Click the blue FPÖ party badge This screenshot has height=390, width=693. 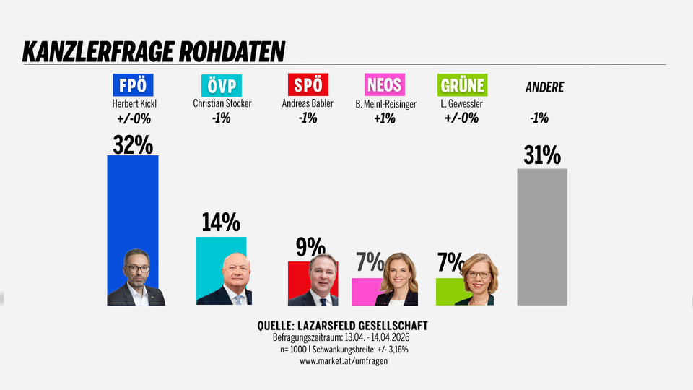pos(133,85)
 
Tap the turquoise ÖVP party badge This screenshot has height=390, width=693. pos(222,85)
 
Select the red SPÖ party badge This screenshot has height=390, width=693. pos(309,85)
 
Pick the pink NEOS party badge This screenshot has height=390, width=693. pos(385,85)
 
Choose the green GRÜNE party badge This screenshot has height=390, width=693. pos(462,85)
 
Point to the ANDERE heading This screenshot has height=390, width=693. pos(544,88)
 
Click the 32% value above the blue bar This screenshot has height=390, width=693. pos(133,145)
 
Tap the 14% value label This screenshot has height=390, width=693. pos(221,223)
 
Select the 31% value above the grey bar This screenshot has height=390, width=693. pos(542,156)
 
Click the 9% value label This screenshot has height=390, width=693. pos(310,248)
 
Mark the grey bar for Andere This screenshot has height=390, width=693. pos(542,238)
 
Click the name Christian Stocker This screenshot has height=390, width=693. pos(222,104)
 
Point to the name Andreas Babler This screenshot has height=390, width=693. pos(308,104)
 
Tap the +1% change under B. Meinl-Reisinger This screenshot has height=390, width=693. pos(385,118)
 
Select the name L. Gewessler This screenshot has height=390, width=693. pos(461,104)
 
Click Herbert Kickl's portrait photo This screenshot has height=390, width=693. pos(136,277)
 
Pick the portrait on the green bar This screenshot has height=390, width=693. pos(474,279)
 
